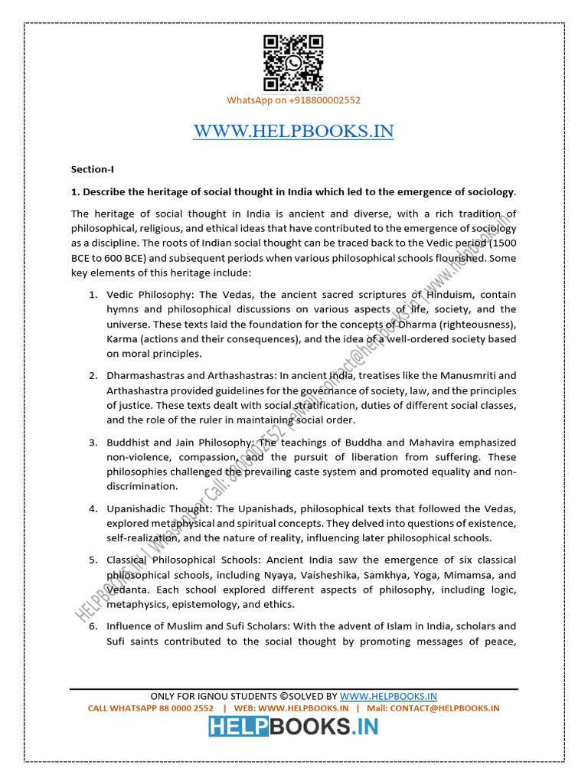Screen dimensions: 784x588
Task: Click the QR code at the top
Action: [293, 64]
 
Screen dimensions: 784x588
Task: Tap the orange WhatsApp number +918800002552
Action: [293, 100]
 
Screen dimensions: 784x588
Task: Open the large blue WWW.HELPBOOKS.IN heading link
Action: [293, 131]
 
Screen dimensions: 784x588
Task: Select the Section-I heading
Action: [92, 169]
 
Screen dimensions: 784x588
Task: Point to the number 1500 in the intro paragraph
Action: [499, 243]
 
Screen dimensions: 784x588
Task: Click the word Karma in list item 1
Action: [122, 339]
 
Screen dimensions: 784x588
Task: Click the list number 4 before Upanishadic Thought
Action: [91, 509]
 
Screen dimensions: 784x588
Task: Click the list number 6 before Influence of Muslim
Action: [91, 626]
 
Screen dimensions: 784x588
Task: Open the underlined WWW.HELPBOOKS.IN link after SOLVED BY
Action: [388, 696]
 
